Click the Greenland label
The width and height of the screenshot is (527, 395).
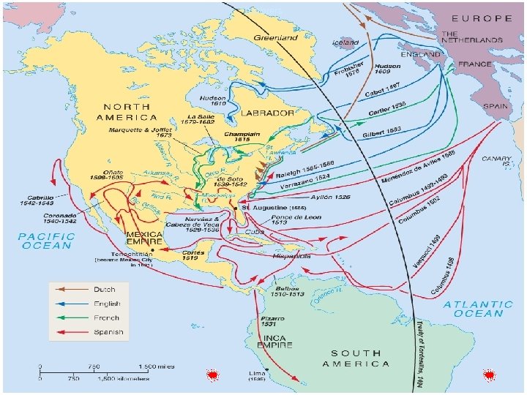(x=276, y=37)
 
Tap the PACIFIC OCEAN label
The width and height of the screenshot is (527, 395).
(x=46, y=241)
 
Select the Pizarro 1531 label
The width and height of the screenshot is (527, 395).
(x=272, y=324)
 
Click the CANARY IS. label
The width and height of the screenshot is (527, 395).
(x=496, y=162)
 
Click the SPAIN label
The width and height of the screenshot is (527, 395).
(x=495, y=105)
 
